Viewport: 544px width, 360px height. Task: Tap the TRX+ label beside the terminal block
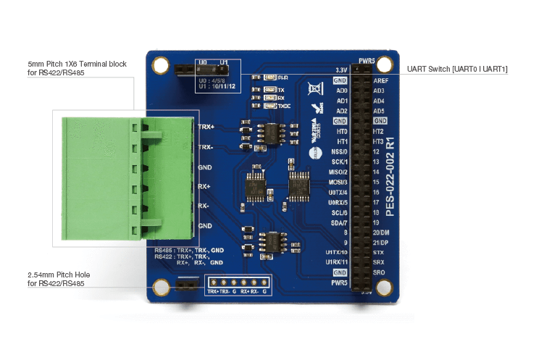point(206,127)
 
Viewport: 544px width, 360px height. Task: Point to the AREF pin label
point(380,80)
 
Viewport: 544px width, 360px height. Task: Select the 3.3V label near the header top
point(340,70)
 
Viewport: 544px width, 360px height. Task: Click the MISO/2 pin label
point(338,172)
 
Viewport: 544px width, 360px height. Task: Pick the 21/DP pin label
point(382,242)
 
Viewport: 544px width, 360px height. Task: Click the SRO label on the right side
point(378,272)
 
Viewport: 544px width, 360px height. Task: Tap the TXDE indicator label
point(283,106)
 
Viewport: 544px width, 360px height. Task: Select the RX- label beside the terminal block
point(204,206)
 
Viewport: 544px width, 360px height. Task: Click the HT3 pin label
point(378,141)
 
